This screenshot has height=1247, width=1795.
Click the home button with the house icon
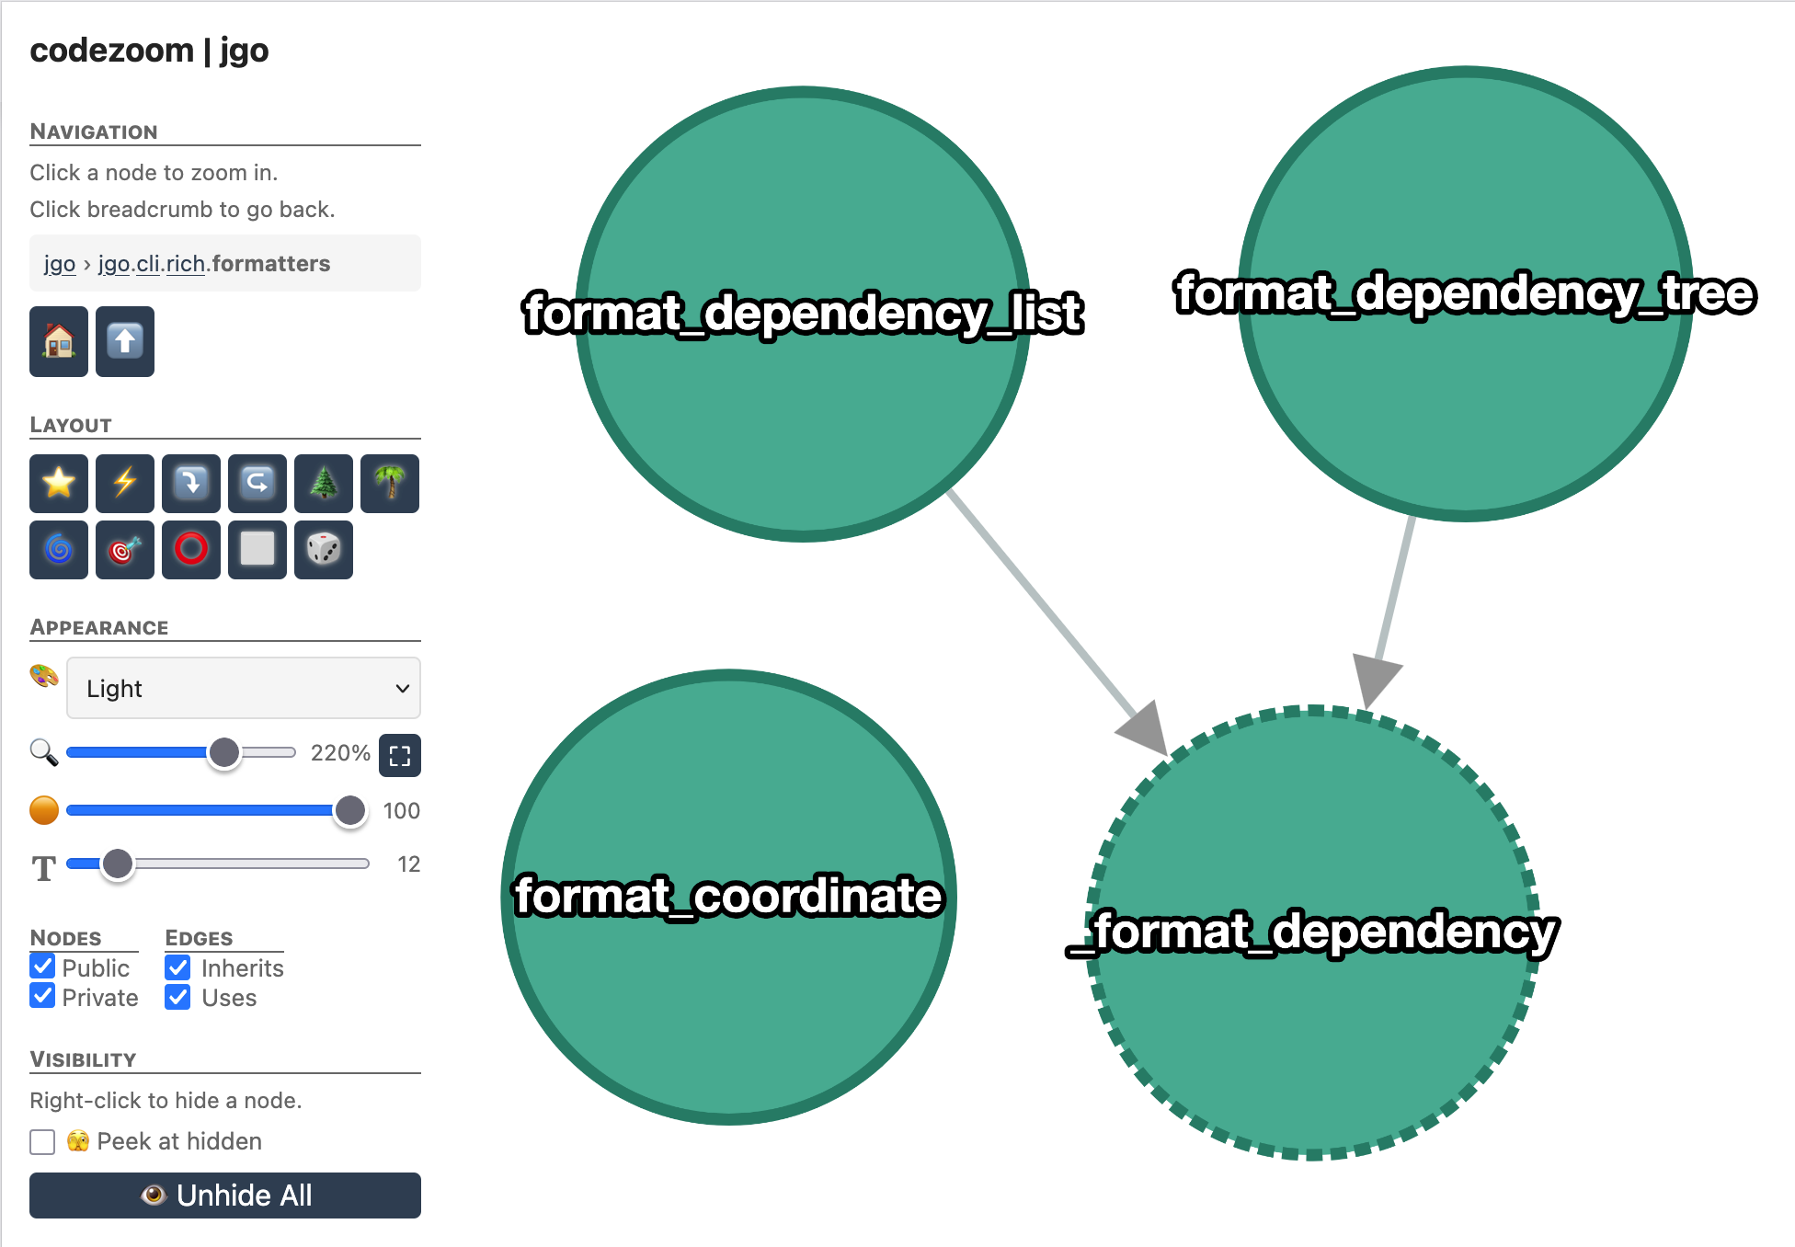click(59, 342)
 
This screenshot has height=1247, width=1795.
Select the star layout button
click(59, 483)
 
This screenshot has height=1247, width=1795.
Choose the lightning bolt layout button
click(125, 483)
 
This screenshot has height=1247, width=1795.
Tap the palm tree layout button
click(390, 483)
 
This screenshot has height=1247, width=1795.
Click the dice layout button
click(324, 550)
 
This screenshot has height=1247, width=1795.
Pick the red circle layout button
click(191, 550)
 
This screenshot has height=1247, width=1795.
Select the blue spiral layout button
click(59, 550)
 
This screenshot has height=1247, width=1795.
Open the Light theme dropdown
click(244, 688)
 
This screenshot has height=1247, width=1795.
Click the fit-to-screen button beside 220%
click(400, 755)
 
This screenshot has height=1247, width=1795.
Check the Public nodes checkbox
click(42, 967)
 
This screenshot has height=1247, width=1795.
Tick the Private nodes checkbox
click(42, 996)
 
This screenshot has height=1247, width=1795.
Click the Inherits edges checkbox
click(177, 967)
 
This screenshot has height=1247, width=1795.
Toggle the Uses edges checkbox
click(177, 997)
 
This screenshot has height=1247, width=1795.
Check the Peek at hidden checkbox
click(42, 1141)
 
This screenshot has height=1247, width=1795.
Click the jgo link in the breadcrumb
click(60, 264)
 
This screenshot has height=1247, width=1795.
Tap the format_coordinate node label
click(728, 896)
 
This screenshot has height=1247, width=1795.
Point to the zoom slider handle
click(223, 752)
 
